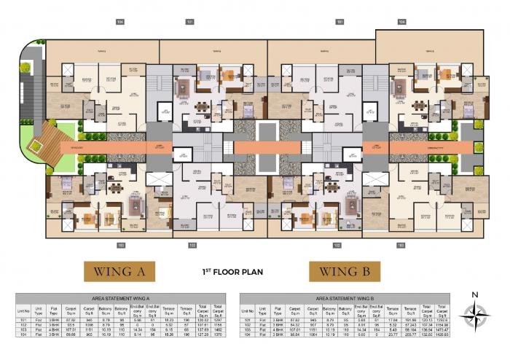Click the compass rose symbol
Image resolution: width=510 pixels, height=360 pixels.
click(476, 316)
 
